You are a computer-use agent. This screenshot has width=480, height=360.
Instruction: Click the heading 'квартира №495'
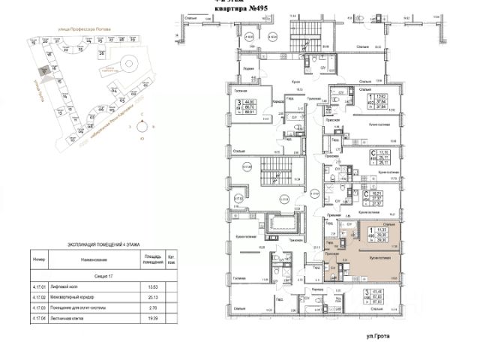point(241,9)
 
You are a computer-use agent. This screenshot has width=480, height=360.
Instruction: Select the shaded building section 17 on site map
point(45,71)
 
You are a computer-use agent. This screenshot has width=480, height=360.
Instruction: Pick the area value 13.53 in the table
point(153,286)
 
